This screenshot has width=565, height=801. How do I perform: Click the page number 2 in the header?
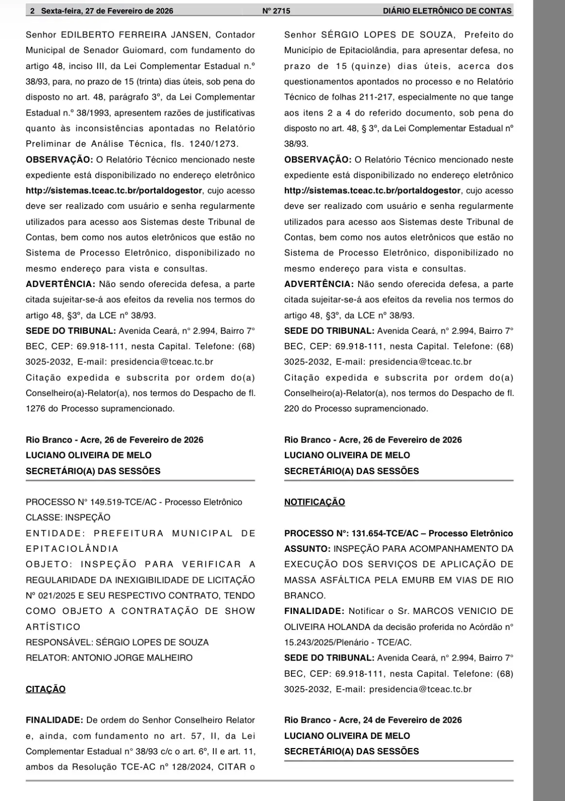point(32,11)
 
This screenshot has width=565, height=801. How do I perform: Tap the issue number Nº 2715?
point(276,11)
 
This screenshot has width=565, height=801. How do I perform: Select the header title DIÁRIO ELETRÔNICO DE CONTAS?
point(447,11)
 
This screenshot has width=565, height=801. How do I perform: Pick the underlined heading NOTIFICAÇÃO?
point(314,502)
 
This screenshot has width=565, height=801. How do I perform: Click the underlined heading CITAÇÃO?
point(45,689)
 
